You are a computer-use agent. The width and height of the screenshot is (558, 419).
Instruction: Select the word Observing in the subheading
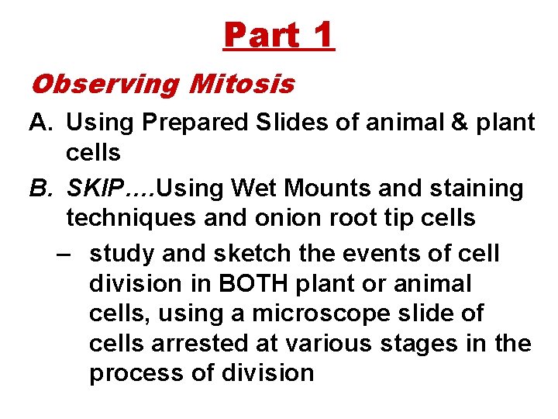click(105, 83)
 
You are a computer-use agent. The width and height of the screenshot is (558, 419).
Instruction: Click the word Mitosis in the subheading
click(242, 83)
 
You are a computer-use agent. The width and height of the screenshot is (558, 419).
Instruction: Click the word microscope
click(333, 314)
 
